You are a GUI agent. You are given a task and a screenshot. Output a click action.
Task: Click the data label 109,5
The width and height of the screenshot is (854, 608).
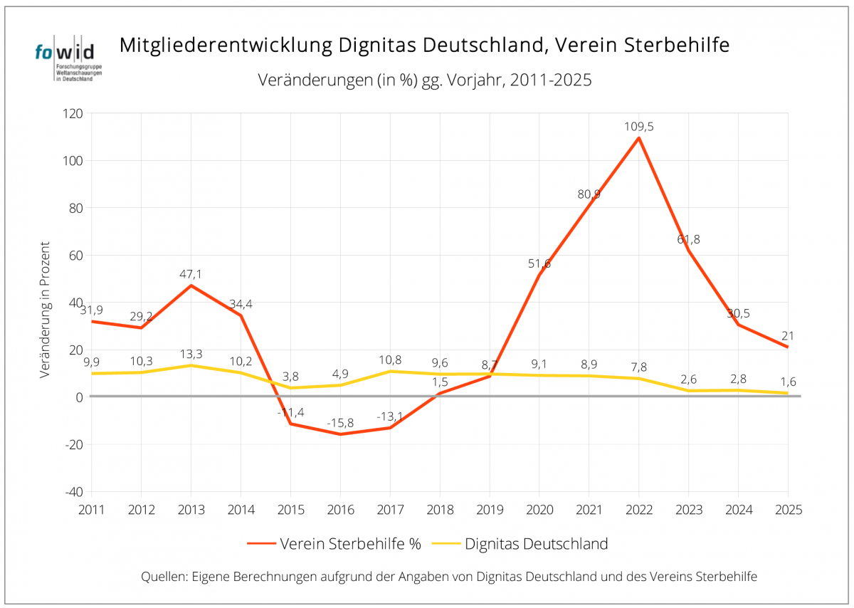(638, 127)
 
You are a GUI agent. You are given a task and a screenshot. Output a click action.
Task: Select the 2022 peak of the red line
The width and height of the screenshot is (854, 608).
(638, 138)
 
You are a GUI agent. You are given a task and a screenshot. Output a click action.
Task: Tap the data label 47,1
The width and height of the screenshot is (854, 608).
(191, 273)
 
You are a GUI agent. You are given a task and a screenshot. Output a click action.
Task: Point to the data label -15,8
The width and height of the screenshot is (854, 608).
(340, 423)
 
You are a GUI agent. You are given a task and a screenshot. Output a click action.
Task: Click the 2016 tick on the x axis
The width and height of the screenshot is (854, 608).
(340, 510)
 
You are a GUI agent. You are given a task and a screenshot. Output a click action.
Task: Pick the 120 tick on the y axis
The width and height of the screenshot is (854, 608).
(73, 114)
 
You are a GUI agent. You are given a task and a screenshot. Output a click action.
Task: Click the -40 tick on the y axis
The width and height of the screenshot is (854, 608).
(73, 492)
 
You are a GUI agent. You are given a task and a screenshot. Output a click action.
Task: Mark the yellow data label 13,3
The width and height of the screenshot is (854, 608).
(191, 354)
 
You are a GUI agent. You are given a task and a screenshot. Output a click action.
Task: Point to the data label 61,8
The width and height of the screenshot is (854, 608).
(687, 239)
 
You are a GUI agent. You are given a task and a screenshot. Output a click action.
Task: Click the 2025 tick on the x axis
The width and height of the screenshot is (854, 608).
(788, 510)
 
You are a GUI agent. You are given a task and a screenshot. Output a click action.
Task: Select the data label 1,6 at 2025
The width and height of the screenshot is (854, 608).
(788, 381)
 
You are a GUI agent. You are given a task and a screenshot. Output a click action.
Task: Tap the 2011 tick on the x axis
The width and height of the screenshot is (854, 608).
(92, 510)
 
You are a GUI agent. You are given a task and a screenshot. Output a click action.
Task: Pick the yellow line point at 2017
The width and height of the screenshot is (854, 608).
(390, 371)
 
